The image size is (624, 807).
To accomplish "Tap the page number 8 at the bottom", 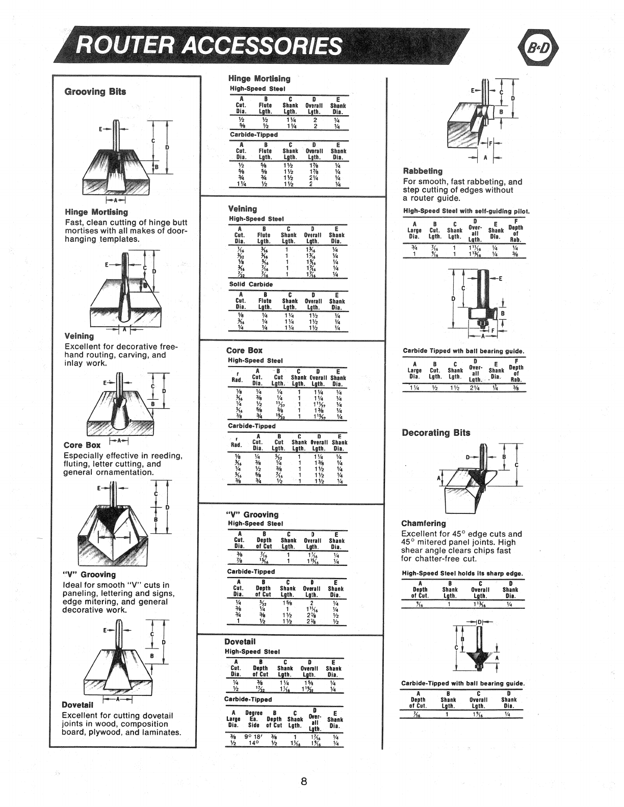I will click(303, 782).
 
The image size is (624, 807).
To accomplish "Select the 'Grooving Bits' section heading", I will click(95, 92).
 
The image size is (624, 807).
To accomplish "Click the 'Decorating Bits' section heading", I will click(436, 433).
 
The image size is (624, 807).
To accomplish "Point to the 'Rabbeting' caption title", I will click(423, 171).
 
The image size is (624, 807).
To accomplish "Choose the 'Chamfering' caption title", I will click(424, 524).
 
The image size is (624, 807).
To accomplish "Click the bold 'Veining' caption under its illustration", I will click(79, 336).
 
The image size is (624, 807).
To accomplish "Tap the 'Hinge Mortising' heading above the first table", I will click(258, 79).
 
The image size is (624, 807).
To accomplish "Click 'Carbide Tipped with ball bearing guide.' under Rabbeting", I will click(463, 351).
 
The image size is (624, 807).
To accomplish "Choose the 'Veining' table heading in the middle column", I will click(242, 209).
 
